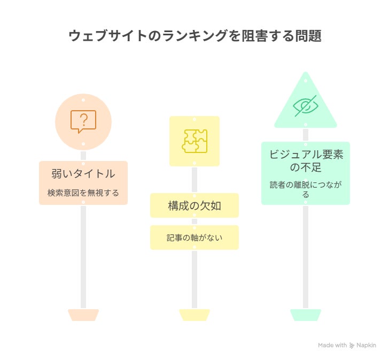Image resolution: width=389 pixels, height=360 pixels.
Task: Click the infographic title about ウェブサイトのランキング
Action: (x=194, y=36)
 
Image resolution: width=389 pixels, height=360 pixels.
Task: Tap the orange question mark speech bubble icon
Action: (x=83, y=121)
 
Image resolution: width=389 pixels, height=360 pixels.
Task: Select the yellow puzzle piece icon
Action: (x=194, y=141)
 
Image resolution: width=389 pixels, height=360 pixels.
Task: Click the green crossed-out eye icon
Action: (x=306, y=105)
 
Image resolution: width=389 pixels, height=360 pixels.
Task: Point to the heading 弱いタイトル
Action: (x=83, y=173)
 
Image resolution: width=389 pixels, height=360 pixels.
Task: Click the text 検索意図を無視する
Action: (x=83, y=193)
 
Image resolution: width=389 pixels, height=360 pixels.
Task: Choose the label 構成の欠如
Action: (x=194, y=206)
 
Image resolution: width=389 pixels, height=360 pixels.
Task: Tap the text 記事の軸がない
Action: (x=194, y=238)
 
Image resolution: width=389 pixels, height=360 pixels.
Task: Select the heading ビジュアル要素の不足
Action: (x=306, y=160)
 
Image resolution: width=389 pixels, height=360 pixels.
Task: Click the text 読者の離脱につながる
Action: (x=306, y=189)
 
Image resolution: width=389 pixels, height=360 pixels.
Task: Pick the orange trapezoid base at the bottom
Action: (x=83, y=315)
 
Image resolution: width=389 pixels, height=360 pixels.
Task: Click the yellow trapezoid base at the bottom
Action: (x=194, y=315)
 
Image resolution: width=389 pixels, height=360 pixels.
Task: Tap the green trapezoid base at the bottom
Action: (x=306, y=315)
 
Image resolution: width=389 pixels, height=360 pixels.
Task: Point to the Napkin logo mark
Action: (x=352, y=346)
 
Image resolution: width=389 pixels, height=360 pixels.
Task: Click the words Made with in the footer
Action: (x=332, y=346)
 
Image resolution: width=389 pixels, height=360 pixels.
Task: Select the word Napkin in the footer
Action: (x=367, y=346)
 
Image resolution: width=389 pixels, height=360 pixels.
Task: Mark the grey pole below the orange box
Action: (x=83, y=257)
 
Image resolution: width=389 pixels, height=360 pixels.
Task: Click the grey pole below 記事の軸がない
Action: (x=194, y=278)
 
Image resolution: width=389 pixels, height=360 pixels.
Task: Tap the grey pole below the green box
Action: (x=306, y=257)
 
